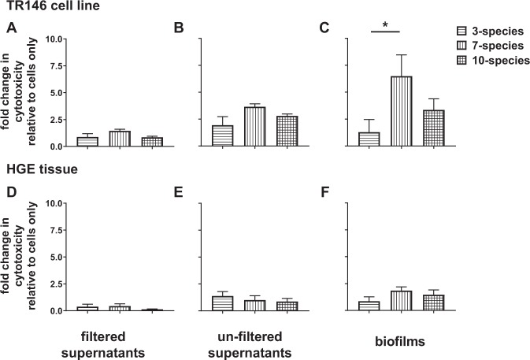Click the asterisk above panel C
coord(385,26)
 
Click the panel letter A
coord(12,28)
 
